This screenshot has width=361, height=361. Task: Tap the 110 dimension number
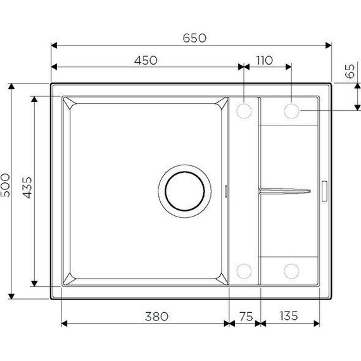[263, 60]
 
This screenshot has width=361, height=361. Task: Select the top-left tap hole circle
[244, 111]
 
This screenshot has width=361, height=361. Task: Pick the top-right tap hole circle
[291, 111]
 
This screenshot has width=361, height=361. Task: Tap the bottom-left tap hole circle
[244, 271]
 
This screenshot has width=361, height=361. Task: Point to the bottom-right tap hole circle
[291, 271]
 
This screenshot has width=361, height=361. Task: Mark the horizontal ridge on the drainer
[284, 189]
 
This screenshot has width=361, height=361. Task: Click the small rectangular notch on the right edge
[325, 189]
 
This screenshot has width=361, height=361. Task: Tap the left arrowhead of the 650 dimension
[53, 46]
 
